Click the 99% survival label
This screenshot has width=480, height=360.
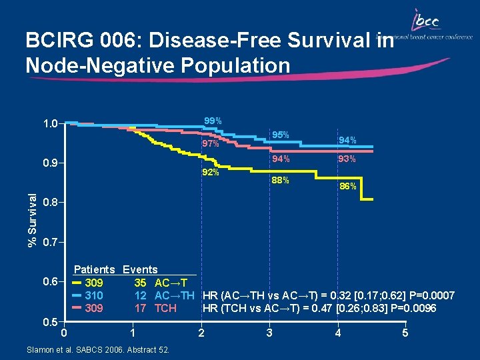pos(213,121)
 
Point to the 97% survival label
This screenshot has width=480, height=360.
pos(211,144)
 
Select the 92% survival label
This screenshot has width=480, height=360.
pos(211,173)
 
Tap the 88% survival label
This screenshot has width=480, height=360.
pos(280,180)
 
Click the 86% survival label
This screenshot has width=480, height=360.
pos(347,187)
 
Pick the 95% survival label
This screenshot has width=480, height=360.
pos(280,135)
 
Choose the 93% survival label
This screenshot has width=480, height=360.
pos(347,159)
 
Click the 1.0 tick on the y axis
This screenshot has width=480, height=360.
pos(49,123)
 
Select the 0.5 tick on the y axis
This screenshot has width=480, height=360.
pos(49,321)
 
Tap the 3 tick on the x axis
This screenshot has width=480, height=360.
pos(269,333)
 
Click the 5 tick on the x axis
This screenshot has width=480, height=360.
pos(405,333)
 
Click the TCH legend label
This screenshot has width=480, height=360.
pos(165,309)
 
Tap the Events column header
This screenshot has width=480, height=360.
pos(140,270)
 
